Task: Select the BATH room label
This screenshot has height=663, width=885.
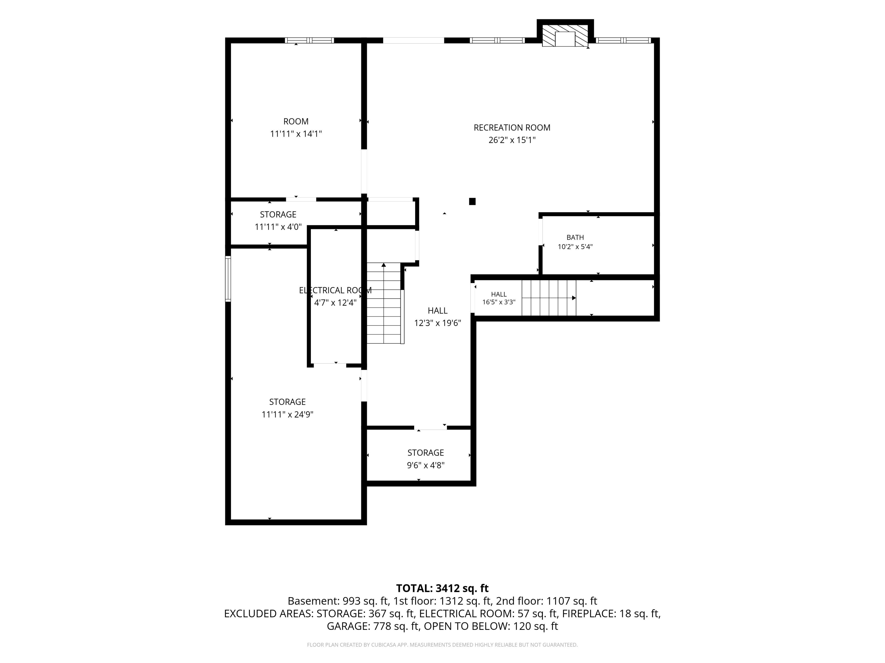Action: (575, 237)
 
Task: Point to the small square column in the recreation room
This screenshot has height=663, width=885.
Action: (472, 201)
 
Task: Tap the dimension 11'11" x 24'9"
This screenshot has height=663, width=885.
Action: (287, 414)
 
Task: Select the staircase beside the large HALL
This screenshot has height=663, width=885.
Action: (384, 303)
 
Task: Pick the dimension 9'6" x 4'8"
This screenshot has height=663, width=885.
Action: (426, 465)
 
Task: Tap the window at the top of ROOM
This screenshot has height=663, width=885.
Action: (309, 40)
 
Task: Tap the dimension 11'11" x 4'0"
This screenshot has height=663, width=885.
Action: (278, 227)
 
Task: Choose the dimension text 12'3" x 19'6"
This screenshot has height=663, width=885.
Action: (438, 323)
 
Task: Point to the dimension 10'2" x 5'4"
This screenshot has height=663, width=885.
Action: (575, 247)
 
